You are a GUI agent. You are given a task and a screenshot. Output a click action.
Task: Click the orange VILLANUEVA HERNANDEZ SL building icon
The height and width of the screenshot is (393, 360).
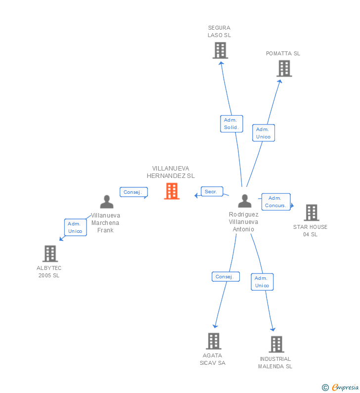[172, 191]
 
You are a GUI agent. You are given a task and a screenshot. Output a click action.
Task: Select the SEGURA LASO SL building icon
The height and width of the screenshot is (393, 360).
[221, 50]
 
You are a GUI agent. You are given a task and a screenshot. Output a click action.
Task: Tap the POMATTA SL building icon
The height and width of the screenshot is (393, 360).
[284, 68]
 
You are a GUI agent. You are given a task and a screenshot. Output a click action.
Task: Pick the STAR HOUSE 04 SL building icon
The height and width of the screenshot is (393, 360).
[312, 213]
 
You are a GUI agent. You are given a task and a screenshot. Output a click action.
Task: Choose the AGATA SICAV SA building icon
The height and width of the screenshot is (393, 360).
[214, 341]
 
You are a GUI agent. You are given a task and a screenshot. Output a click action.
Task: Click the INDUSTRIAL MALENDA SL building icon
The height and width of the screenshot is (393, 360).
[276, 345]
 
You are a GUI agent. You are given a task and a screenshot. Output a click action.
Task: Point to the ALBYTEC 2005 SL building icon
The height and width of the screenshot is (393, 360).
[50, 254]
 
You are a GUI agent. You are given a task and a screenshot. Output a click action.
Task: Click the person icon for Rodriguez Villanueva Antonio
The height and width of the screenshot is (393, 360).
[245, 201]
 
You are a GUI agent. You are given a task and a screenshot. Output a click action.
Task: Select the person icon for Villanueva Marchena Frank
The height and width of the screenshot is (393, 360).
[107, 202]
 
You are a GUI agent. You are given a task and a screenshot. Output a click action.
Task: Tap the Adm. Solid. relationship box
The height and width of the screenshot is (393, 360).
[231, 124]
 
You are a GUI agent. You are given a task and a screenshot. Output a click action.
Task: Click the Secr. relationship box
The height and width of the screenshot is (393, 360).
[212, 191]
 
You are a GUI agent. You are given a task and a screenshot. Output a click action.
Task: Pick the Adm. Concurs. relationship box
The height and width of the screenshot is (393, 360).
[276, 202]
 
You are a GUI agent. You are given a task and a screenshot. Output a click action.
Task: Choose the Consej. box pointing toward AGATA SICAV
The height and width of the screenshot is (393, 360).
[225, 276]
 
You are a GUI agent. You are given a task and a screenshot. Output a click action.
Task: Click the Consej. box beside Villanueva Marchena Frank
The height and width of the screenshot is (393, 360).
[134, 192]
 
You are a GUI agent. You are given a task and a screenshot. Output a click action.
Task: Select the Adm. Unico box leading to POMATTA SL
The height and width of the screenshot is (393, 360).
[264, 133]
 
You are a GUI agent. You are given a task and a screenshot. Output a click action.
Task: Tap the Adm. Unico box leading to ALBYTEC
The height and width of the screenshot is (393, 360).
[76, 227]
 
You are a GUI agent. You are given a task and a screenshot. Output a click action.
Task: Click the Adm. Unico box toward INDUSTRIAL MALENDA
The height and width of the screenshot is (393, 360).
[262, 282]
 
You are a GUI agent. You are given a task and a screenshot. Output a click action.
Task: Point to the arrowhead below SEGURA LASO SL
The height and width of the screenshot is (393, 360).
[221, 63]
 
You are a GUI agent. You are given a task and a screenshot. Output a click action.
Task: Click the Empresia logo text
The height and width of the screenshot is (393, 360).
[345, 387]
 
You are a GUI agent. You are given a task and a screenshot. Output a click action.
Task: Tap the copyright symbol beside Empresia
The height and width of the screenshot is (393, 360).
[325, 388]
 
